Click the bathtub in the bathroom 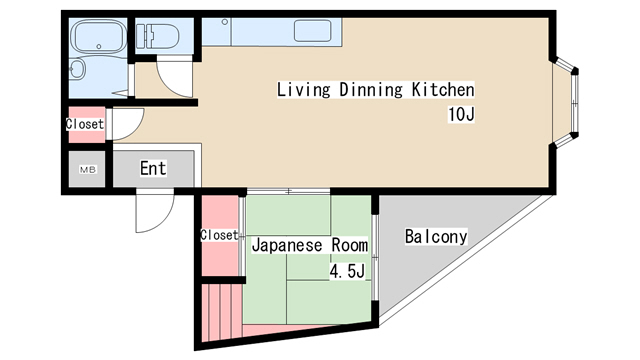[x=98, y=36]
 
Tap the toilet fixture [x=158, y=36]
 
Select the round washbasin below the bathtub [x=77, y=69]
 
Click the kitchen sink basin [x=312, y=31]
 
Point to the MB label [x=88, y=169]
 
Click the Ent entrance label [x=153, y=168]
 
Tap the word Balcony [x=436, y=236]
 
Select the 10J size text [x=461, y=114]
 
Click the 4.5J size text [x=347, y=271]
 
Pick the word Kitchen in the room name [x=443, y=89]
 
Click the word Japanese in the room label [x=287, y=245]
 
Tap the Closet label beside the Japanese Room [x=219, y=235]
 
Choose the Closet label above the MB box [x=85, y=124]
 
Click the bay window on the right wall [x=566, y=102]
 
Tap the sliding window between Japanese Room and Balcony [x=375, y=258]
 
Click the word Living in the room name [x=303, y=89]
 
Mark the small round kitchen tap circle [x=224, y=22]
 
